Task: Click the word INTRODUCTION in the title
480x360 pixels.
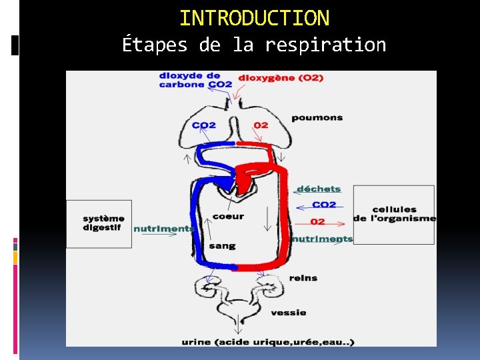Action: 254,17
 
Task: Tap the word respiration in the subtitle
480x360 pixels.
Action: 325,45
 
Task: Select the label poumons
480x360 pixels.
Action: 317,118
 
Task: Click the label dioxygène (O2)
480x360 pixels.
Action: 281,78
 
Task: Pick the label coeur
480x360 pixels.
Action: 228,216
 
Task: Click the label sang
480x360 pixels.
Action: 222,246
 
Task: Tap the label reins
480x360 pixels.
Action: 303,278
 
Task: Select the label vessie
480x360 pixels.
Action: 288,312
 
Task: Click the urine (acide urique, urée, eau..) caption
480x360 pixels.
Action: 268,343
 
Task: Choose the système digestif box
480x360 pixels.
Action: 99,223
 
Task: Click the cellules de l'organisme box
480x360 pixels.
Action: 394,214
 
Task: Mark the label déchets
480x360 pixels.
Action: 318,189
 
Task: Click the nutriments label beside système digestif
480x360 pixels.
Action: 163,229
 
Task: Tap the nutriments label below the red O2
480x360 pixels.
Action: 322,239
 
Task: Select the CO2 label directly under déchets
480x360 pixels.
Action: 324,205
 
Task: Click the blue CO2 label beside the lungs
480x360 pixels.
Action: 204,125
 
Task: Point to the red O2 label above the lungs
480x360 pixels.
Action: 261,125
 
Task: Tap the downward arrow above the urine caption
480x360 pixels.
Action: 236,326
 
